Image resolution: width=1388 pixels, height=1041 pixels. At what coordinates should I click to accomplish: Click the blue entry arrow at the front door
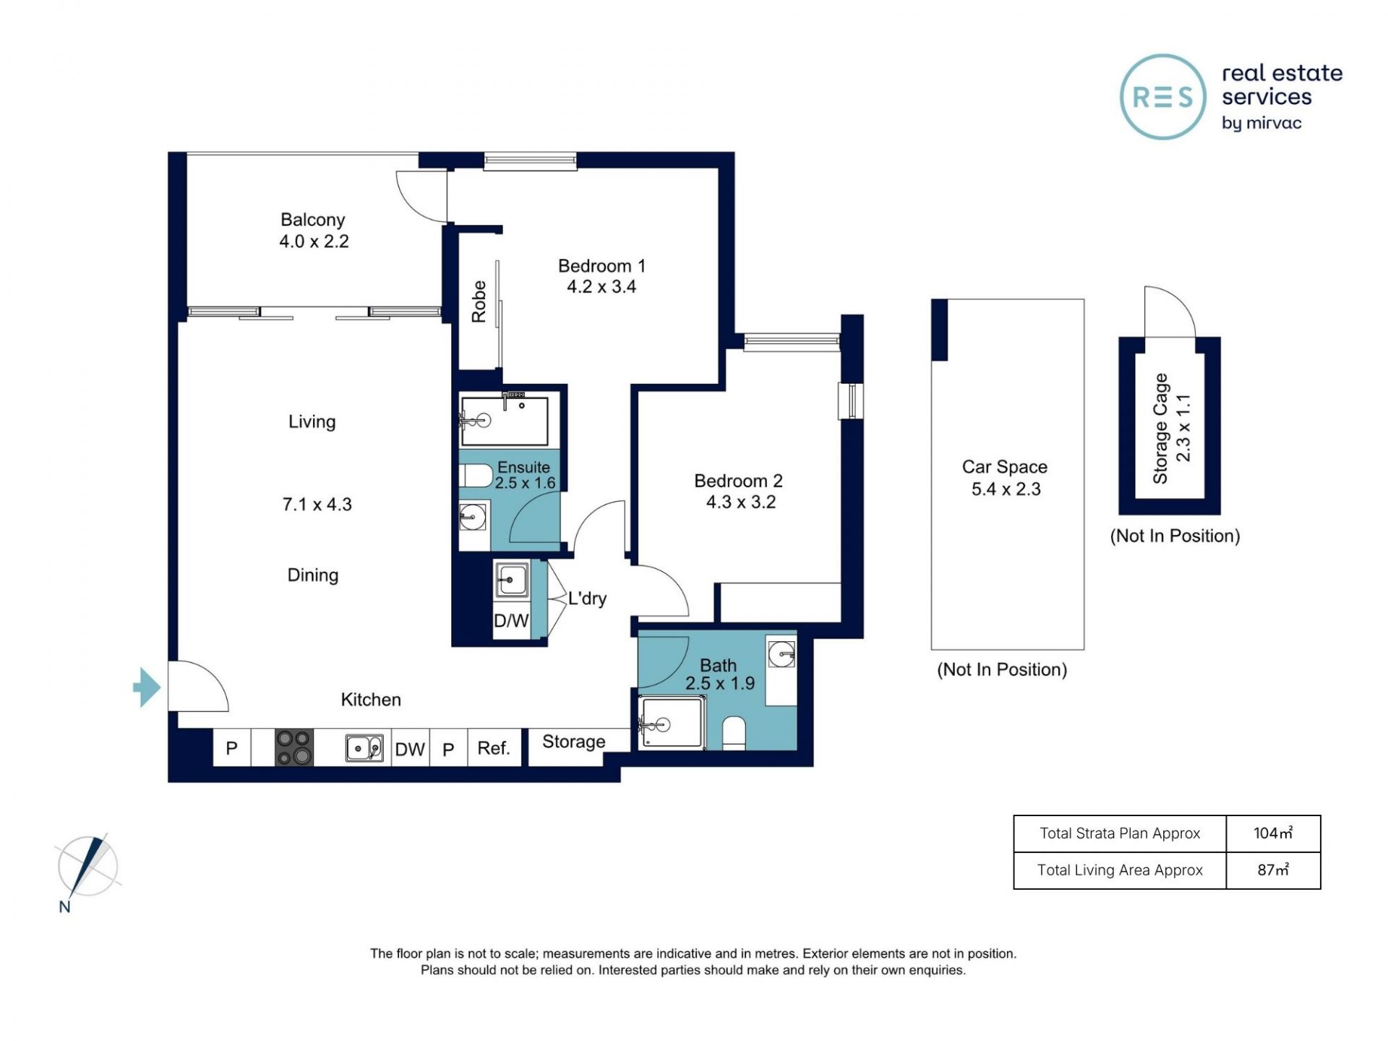coord(147,687)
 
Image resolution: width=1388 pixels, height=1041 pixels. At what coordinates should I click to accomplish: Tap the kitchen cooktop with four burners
coord(294,747)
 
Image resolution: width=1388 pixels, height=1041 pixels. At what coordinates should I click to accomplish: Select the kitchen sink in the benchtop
coord(364,748)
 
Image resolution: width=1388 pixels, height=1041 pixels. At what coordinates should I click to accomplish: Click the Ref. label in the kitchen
coord(494,748)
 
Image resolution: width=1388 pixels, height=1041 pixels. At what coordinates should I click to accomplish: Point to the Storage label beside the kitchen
coord(574,742)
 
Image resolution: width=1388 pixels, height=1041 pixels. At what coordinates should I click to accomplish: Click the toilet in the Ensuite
coord(476,476)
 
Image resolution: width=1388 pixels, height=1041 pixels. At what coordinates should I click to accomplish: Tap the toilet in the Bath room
coord(734,733)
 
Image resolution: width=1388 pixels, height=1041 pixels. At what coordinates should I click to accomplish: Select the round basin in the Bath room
coord(781,655)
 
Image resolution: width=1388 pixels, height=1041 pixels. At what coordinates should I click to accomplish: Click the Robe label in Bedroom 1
coord(479,301)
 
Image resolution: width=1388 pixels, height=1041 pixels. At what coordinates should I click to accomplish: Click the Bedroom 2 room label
coord(738,481)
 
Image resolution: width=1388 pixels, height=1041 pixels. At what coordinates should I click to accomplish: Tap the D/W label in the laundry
coord(511,621)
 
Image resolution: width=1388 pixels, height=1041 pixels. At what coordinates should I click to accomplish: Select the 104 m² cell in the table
coord(1273,834)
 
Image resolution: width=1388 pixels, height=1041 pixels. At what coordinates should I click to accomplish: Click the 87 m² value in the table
coord(1273,870)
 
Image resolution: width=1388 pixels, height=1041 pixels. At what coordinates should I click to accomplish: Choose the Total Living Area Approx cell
coord(1120,870)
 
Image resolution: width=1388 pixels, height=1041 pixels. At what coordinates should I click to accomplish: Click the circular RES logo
coord(1163,97)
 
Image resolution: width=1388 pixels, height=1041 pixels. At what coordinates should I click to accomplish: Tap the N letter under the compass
coord(65,907)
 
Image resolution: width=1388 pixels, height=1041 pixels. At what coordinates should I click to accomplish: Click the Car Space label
coord(1005,467)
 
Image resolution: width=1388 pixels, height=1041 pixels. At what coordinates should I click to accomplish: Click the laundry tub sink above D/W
coord(512,580)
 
